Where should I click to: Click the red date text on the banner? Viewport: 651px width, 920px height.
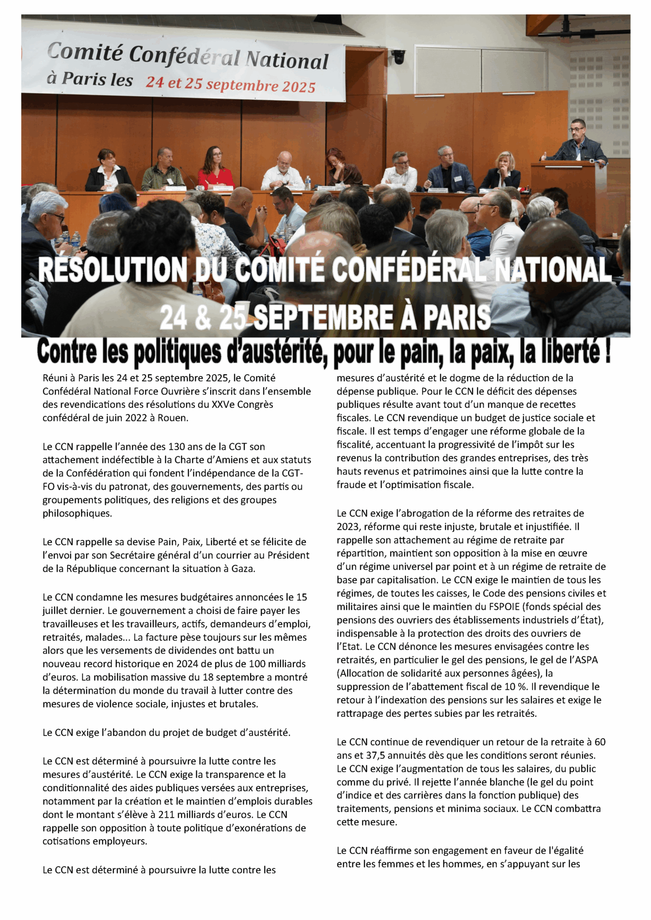tap(230, 84)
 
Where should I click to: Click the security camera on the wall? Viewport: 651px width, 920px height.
tap(398, 57)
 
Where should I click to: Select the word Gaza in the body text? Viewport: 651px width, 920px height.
tap(242, 568)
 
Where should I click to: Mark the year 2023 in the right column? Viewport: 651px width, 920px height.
tap(348, 527)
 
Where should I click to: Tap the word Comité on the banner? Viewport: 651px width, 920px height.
tap(84, 53)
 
